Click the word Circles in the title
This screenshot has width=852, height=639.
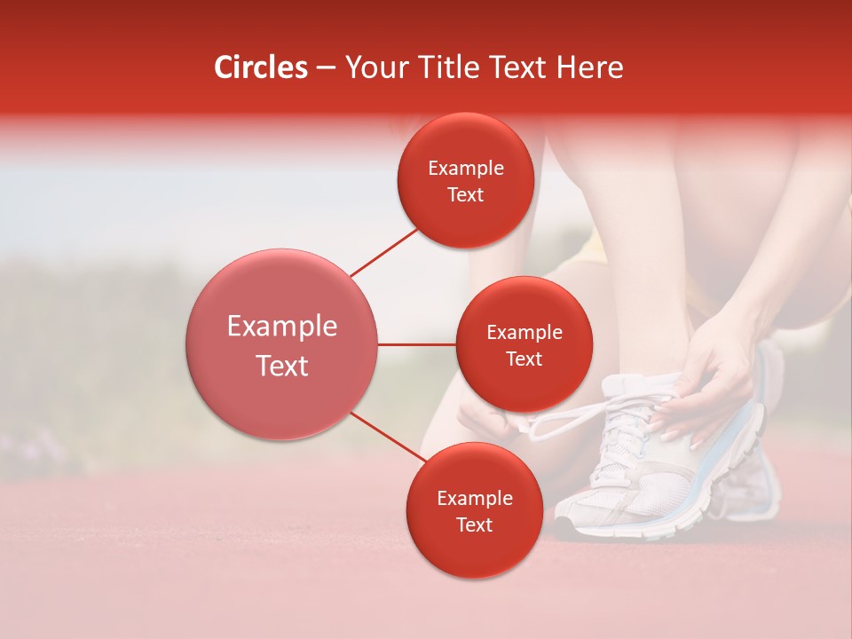click(x=260, y=67)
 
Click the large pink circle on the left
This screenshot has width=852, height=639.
click(x=282, y=344)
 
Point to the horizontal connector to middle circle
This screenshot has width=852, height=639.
click(x=417, y=344)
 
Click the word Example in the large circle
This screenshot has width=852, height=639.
click(x=282, y=327)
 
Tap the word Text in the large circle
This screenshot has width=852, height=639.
click(x=282, y=366)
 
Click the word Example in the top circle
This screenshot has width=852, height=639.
click(x=466, y=169)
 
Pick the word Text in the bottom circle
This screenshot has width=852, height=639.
click(x=474, y=525)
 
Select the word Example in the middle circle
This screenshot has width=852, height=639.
click(x=524, y=333)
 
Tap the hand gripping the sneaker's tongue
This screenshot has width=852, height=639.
click(x=710, y=373)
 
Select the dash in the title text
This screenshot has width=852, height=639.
click(x=326, y=67)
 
